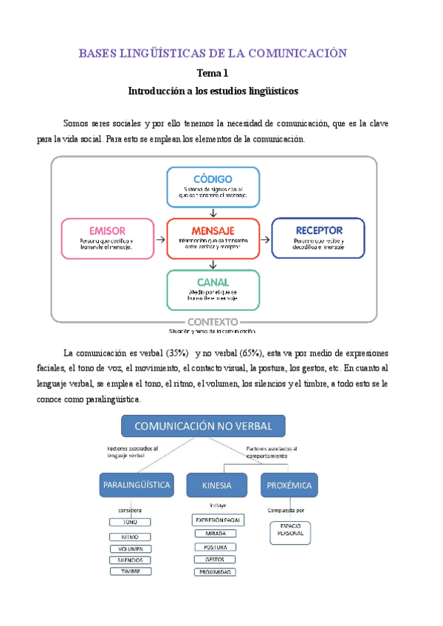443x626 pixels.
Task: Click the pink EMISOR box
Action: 107,238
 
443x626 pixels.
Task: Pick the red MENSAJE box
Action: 213,238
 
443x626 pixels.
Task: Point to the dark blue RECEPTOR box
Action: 318,238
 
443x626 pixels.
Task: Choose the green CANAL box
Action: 213,289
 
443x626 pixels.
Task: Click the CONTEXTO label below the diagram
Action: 213,322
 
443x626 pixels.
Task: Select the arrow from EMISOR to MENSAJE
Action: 160,238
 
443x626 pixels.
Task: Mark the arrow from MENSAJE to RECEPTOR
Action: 266,238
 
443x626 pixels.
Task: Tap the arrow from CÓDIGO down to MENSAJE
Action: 213,213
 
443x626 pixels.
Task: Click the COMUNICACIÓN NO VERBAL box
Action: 203,426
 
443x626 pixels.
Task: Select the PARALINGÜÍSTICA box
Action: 136,485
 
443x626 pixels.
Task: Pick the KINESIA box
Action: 216,485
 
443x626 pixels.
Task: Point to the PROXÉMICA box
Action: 290,485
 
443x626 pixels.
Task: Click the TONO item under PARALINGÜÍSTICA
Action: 131,522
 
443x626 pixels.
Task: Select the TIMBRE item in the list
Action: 131,571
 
